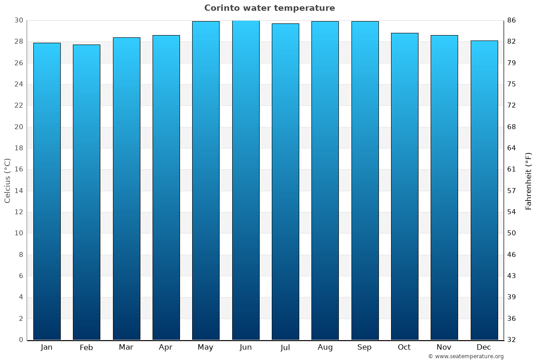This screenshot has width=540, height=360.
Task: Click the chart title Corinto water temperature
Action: (x=270, y=8)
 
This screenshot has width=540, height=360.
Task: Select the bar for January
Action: (x=47, y=191)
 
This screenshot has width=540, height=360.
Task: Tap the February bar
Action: (x=86, y=192)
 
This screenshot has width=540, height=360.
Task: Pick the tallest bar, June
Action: (x=246, y=180)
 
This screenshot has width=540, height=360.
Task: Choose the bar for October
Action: (x=405, y=186)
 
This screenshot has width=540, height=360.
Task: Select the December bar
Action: (x=484, y=190)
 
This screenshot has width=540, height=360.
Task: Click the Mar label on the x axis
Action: (x=126, y=347)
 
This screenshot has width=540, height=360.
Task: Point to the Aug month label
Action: (x=325, y=347)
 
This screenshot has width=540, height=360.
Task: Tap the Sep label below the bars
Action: (x=364, y=347)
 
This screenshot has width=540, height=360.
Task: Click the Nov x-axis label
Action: (x=444, y=347)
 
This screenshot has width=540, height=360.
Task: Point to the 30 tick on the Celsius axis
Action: (x=18, y=20)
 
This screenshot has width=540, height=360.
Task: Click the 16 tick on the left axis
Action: (x=18, y=169)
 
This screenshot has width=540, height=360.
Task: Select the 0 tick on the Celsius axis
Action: (x=21, y=340)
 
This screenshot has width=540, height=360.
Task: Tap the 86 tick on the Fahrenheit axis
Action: (x=512, y=20)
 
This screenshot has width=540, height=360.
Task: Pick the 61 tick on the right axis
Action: (x=512, y=169)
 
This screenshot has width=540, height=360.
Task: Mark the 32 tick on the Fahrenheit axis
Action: (x=512, y=340)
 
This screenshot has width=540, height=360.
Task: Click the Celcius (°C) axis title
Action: (x=7, y=180)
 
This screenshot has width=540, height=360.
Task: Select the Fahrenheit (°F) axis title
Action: (x=529, y=180)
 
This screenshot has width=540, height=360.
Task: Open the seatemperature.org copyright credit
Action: (x=466, y=356)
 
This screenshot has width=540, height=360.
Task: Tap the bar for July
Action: (x=285, y=181)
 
